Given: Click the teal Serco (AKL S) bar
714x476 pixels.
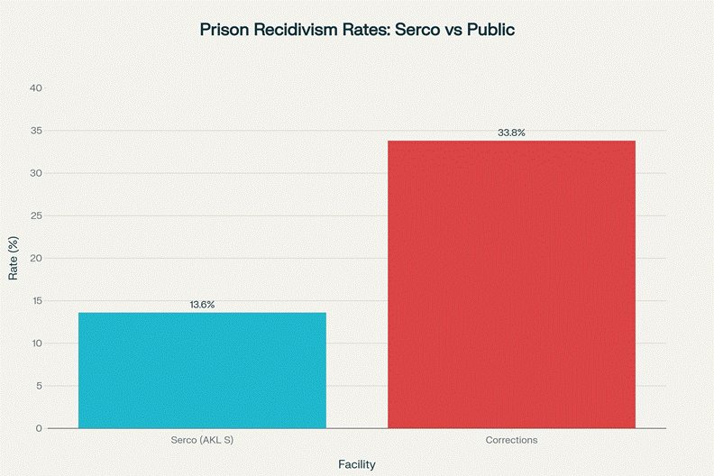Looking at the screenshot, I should tap(202, 370).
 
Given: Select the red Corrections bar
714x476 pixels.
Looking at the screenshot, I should tap(511, 284).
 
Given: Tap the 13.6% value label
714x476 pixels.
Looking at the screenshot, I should tap(202, 305).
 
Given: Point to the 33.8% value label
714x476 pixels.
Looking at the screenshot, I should tap(511, 133).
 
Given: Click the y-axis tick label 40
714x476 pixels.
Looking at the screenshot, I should tap(36, 88).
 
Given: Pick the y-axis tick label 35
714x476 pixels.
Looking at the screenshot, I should tap(36, 131).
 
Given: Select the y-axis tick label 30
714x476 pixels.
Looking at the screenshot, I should tap(36, 173).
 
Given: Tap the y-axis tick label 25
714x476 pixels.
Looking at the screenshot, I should tap(36, 215).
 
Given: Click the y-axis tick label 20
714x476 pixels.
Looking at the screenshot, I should tap(36, 258).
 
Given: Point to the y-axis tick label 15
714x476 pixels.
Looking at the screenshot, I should tap(36, 300).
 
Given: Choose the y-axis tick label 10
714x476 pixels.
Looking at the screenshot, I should tap(36, 343).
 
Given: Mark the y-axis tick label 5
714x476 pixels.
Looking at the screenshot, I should tap(39, 386).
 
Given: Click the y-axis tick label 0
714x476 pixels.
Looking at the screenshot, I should tap(39, 428).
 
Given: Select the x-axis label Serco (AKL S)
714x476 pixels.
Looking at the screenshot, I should tap(202, 440).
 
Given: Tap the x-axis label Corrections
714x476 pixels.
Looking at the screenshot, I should tap(511, 440).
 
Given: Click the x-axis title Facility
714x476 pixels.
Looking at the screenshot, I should tap(357, 464).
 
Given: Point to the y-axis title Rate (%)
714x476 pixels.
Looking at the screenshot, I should tap(14, 258).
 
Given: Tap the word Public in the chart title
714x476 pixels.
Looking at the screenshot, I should tap(490, 30).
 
